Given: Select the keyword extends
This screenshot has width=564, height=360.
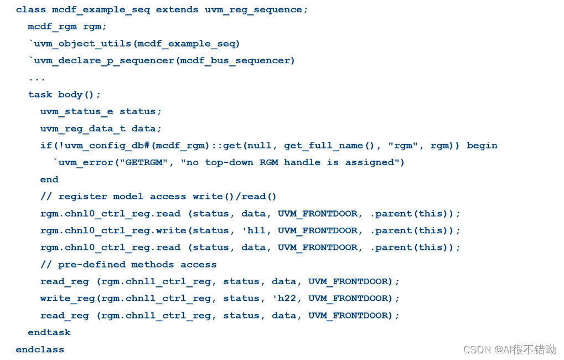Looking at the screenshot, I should click(x=177, y=9).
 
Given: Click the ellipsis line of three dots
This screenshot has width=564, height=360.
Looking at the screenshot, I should click(x=37, y=78).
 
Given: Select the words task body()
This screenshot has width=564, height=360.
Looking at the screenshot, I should click(x=64, y=95).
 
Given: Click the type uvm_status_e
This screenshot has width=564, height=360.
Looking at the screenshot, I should click(x=76, y=112).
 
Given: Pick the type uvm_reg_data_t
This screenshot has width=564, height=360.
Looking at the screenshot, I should click(x=82, y=128).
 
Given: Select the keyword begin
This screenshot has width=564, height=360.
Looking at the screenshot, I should click(x=482, y=146).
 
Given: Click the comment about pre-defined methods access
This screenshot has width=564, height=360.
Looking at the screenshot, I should click(x=128, y=265).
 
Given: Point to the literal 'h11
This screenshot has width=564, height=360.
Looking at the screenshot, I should click(x=256, y=231).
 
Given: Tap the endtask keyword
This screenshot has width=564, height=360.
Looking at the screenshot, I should click(x=49, y=332).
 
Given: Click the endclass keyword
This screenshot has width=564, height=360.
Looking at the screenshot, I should click(x=40, y=349).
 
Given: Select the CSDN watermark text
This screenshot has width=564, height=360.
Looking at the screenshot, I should click(x=509, y=349).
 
